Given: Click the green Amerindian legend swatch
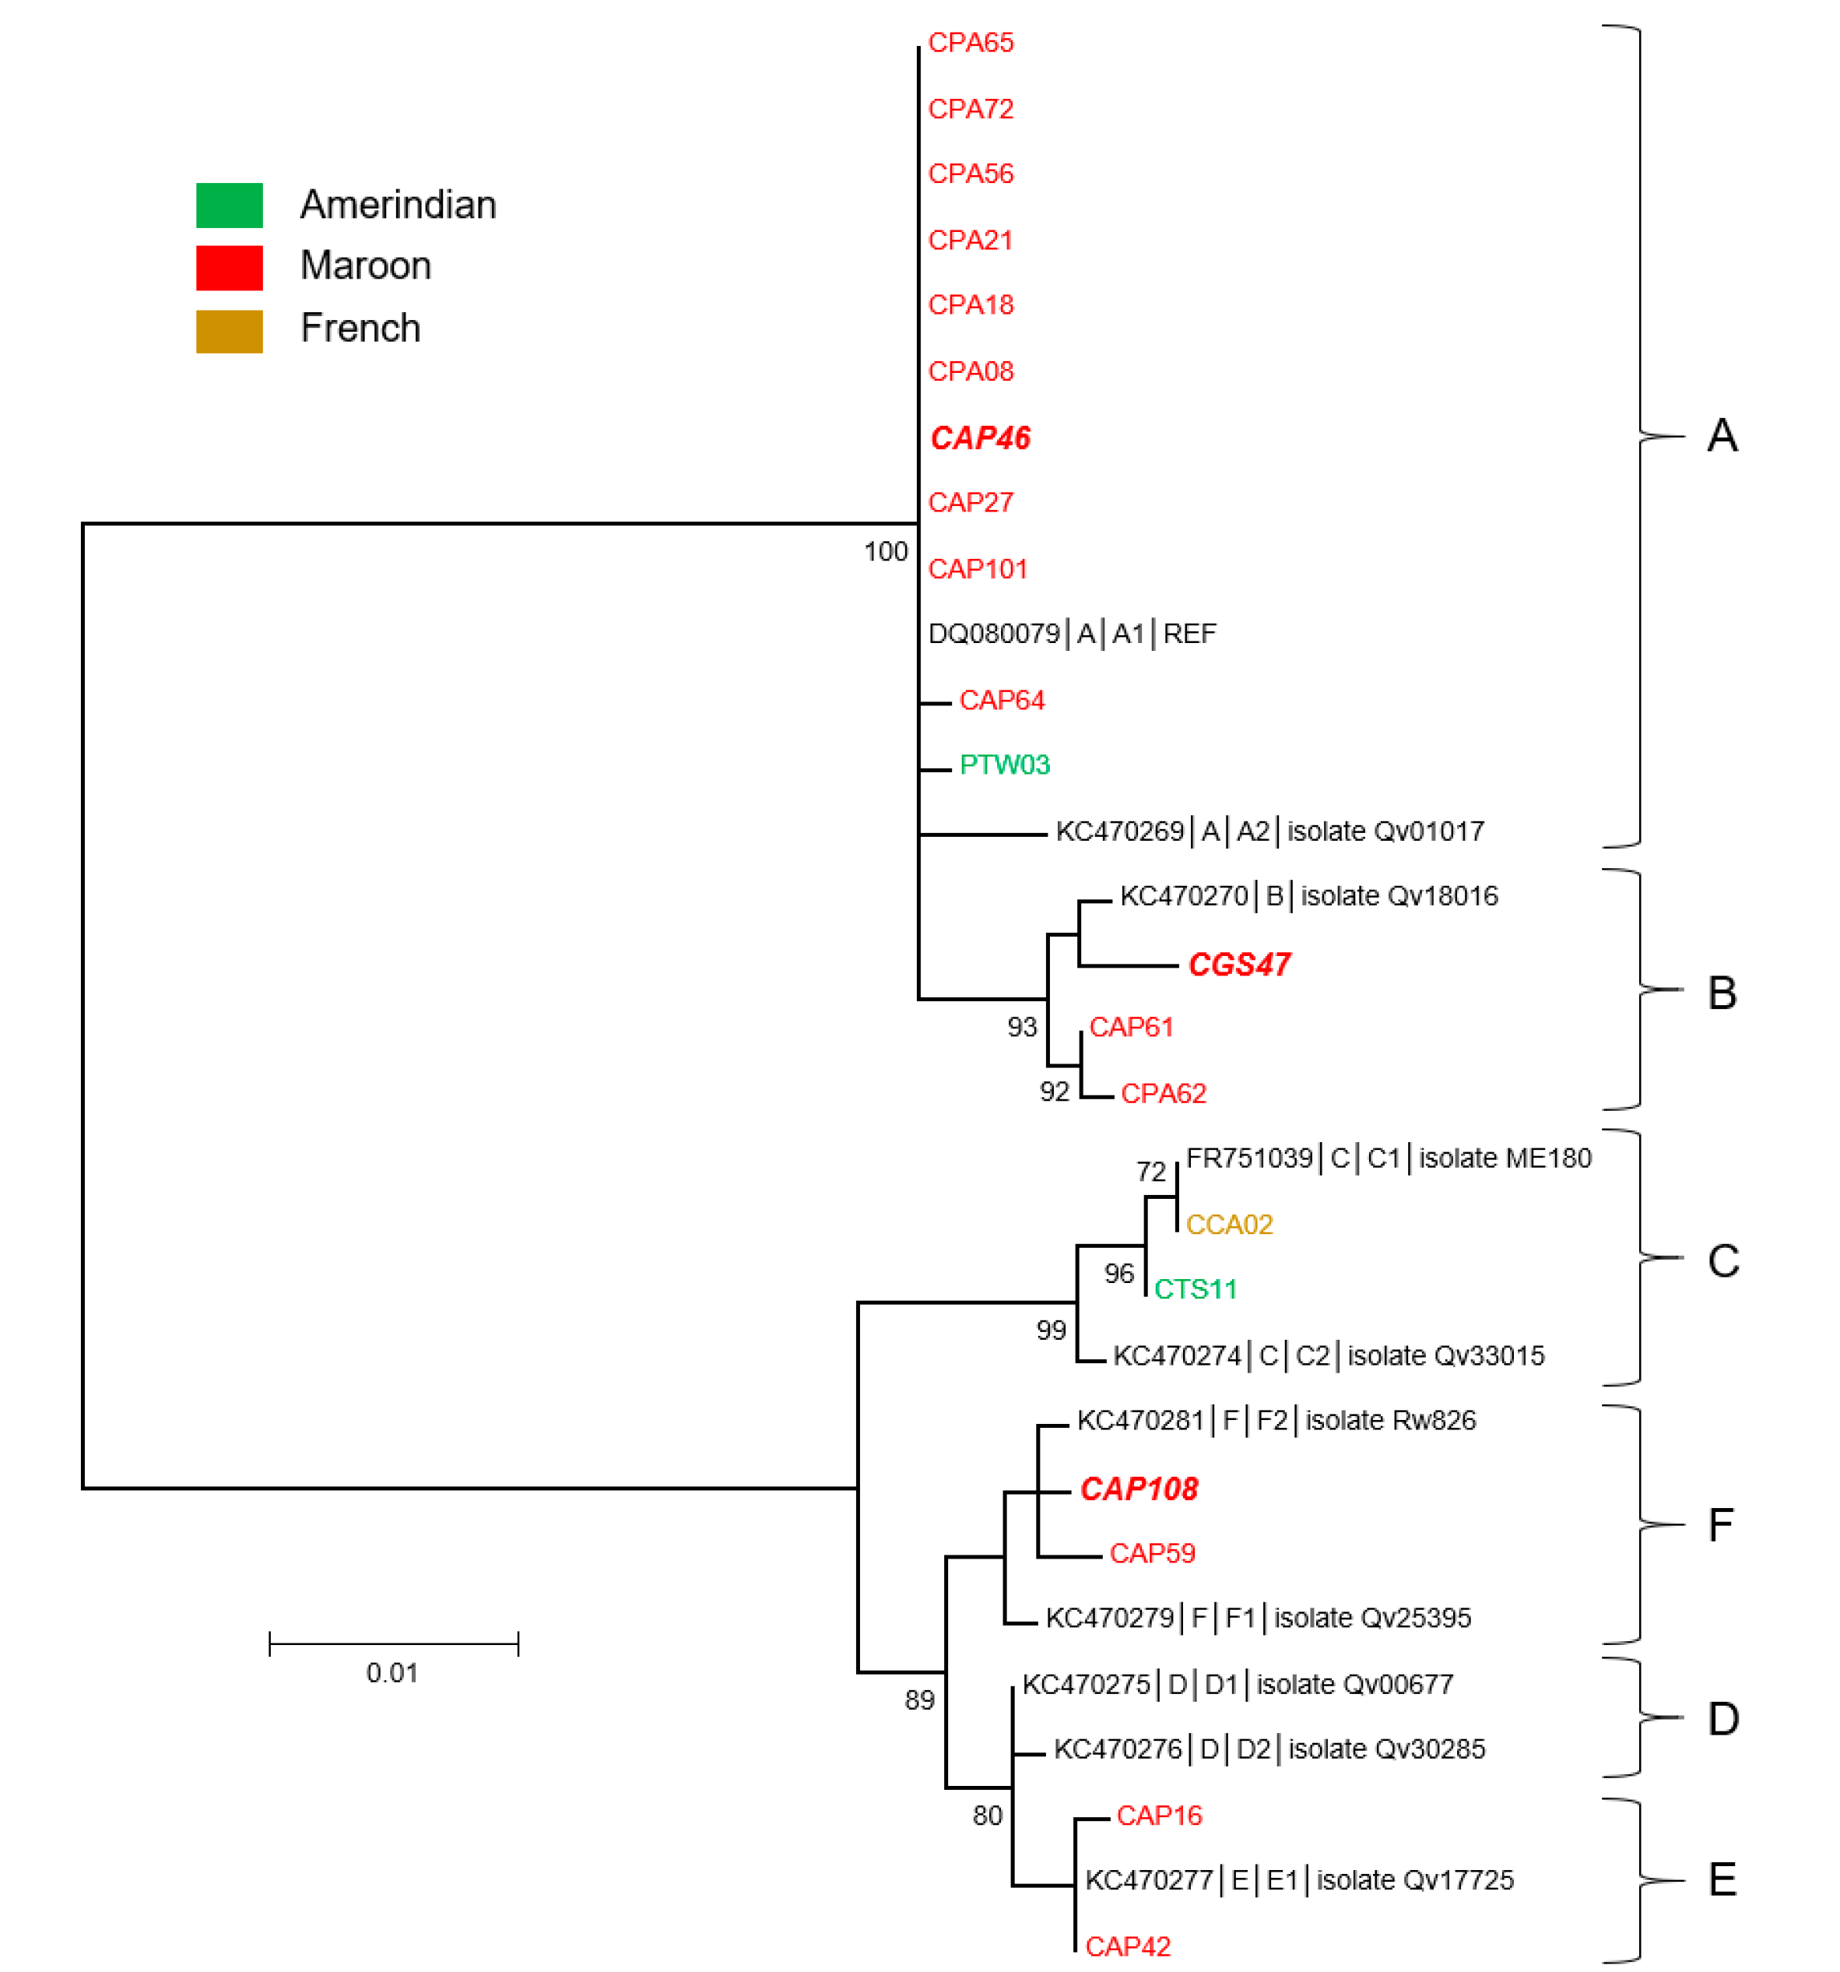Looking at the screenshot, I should tap(229, 206).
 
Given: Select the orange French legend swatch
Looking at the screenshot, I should tap(229, 332).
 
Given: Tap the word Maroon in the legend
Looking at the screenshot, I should tap(365, 265).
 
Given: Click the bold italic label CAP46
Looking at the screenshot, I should tap(979, 438).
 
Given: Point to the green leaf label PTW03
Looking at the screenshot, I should tap(1004, 765).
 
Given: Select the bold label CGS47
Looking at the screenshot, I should tap(1239, 964).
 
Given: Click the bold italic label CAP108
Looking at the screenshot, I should tap(1138, 1488).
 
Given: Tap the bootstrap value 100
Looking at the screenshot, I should tap(885, 551).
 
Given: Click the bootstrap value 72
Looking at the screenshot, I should tap(1150, 1172).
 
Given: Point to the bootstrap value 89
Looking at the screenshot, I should tap(919, 1700).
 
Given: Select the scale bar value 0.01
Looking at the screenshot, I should tap(392, 1672).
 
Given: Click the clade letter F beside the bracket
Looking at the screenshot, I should tap(1721, 1524).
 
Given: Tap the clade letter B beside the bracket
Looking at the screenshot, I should tap(1722, 993).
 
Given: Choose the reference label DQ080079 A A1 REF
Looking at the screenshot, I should tap(1071, 634).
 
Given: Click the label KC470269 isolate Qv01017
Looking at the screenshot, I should tap(1269, 831).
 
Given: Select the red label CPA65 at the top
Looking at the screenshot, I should tap(970, 43).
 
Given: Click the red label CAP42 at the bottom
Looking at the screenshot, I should tap(1127, 1946).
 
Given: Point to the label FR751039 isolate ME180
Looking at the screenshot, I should tap(1388, 1158).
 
